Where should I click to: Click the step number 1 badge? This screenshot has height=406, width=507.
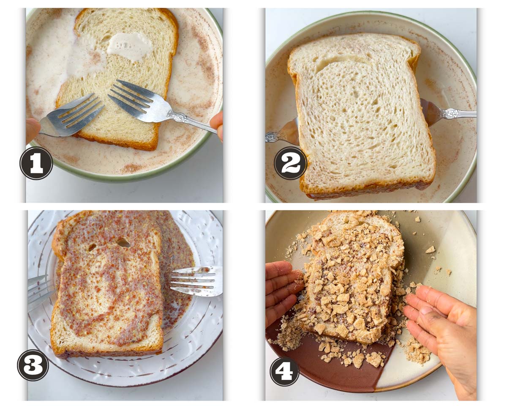coord(36,163)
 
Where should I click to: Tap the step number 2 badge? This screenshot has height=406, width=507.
coord(291,163)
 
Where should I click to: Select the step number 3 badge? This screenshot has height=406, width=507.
coord(33,365)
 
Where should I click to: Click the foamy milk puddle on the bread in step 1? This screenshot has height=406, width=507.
coord(129,46)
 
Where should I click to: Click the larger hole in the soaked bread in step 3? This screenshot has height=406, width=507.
coord(123,242)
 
